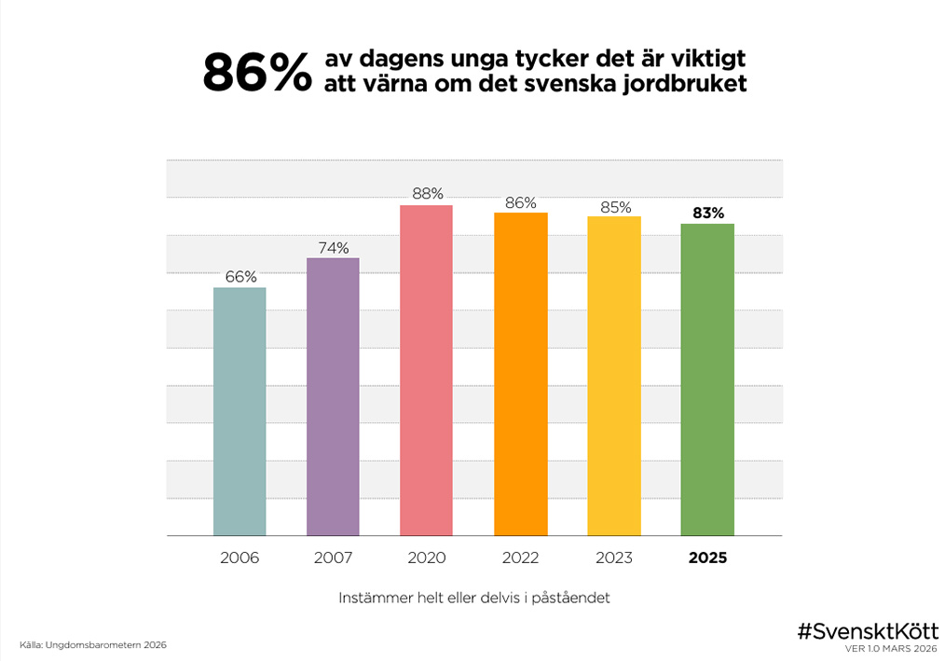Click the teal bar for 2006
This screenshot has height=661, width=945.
click(240, 411)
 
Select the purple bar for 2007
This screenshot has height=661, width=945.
click(333, 396)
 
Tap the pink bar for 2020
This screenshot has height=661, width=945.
click(426, 370)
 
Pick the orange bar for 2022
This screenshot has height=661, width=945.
click(520, 374)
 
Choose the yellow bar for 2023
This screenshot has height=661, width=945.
click(614, 376)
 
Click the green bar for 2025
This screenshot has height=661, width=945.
click(707, 379)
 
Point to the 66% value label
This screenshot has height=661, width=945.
click(240, 276)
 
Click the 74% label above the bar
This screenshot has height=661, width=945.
click(333, 247)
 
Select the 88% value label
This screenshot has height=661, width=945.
click(427, 194)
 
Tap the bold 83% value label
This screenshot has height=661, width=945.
click(708, 213)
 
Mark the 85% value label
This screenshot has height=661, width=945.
click(615, 206)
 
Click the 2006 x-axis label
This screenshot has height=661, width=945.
click(240, 558)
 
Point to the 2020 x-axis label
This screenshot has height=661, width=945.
click(427, 558)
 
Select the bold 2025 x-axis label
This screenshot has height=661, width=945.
click(707, 558)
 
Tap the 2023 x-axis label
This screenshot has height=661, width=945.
click(614, 558)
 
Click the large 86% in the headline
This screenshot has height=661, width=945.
click(257, 73)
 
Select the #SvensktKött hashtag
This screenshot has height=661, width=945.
click(867, 630)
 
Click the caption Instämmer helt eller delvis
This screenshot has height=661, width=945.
click(474, 598)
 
